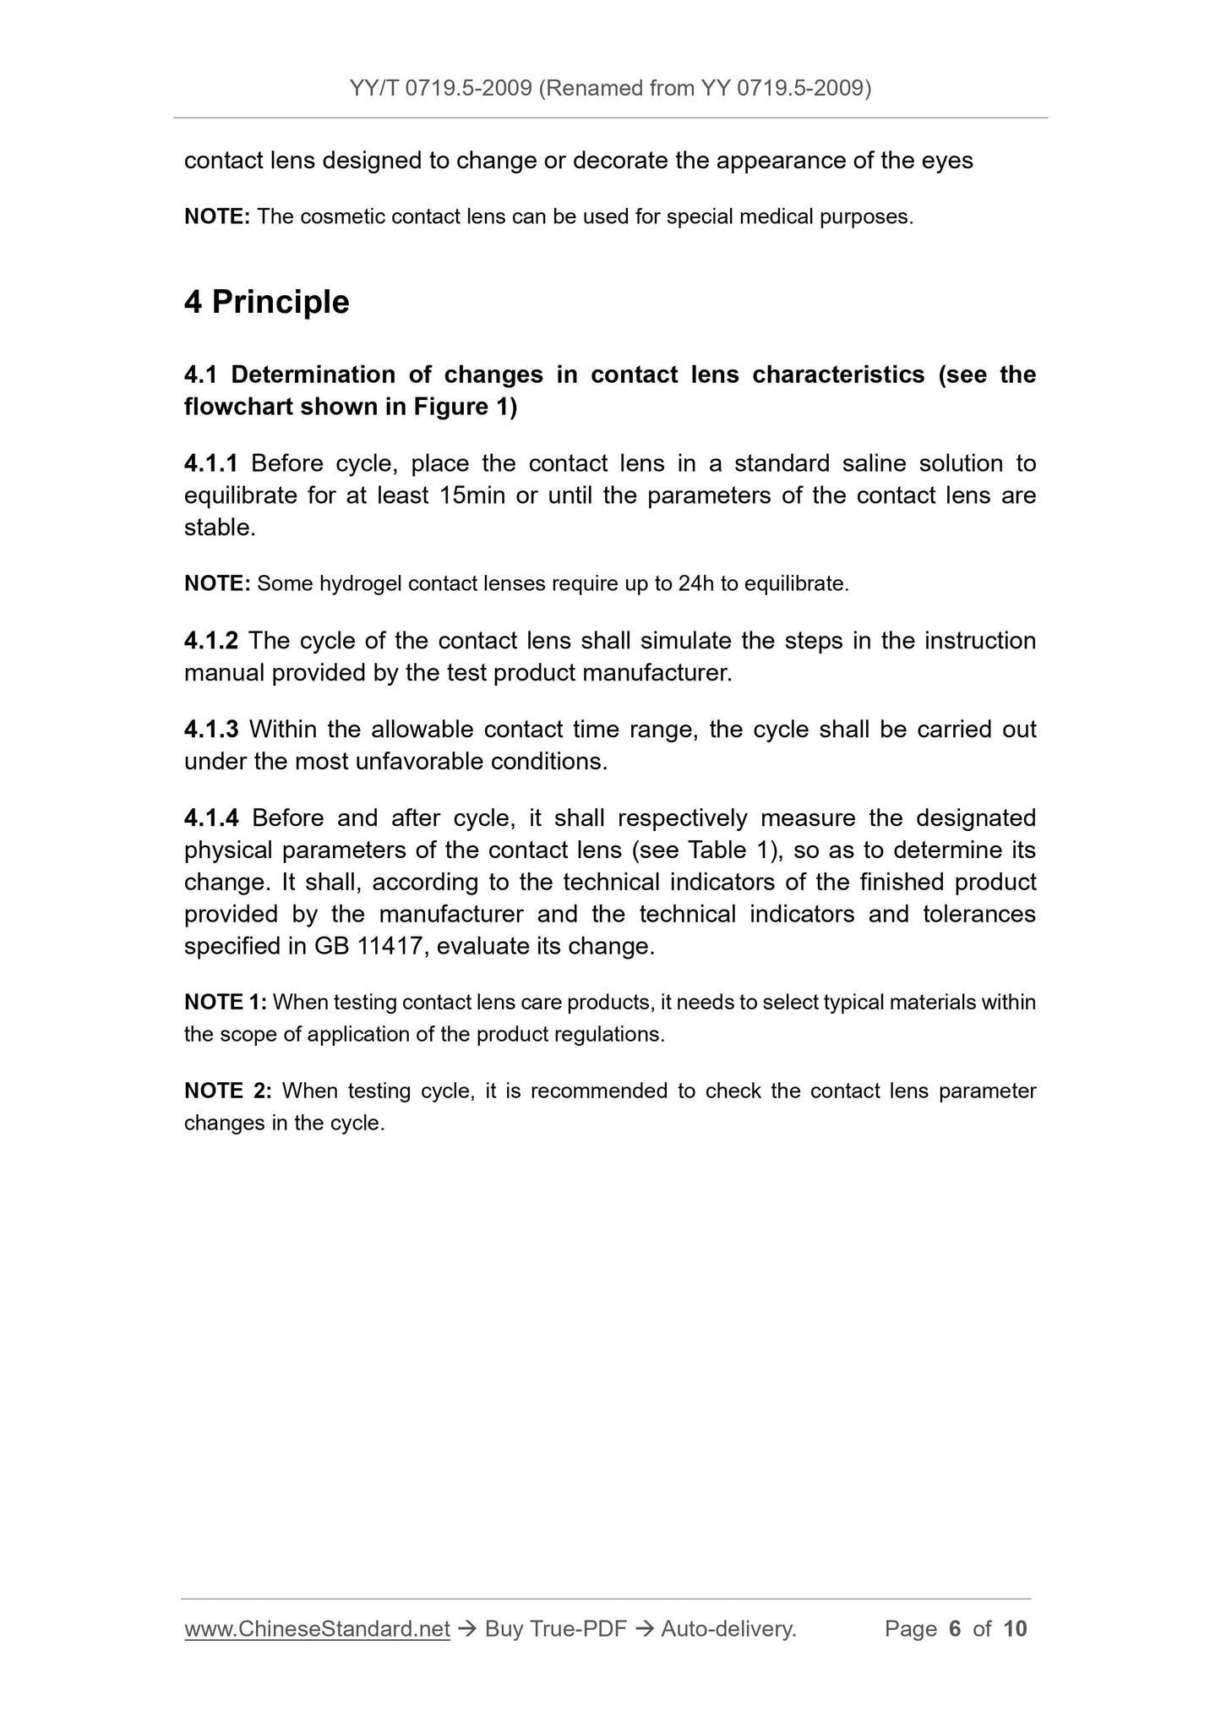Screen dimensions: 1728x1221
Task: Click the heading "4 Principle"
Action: tap(266, 302)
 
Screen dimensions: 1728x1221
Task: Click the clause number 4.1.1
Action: tap(211, 463)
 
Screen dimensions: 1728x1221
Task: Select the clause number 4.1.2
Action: tap(211, 641)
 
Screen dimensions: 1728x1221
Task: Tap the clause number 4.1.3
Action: tap(211, 730)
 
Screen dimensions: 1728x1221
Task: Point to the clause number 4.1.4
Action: tap(211, 818)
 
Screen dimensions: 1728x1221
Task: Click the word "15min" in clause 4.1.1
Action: tap(472, 495)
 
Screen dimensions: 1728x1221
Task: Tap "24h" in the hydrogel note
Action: tap(695, 584)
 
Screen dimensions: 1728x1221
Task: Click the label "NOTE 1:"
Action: tap(226, 1003)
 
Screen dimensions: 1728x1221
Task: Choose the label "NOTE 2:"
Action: tap(227, 1091)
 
